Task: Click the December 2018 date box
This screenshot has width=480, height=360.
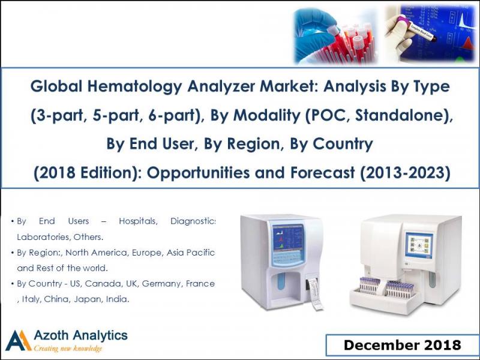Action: (402, 345)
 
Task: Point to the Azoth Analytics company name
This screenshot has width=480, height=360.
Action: (80, 334)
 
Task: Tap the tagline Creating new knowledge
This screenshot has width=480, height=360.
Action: (68, 349)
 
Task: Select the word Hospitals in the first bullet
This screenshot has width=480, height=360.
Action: (138, 221)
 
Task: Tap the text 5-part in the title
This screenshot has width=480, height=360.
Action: (115, 115)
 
